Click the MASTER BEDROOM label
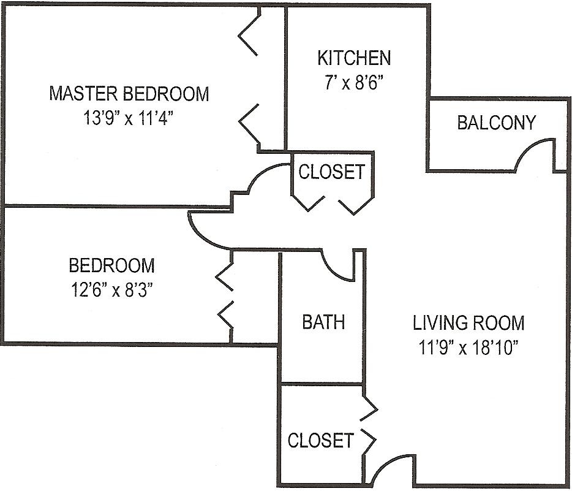(129, 93)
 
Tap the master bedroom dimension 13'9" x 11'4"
(128, 118)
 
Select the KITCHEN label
(354, 58)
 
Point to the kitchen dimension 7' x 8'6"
(355, 83)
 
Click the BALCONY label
(497, 123)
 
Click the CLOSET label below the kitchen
(331, 172)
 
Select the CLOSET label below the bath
(321, 440)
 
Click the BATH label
(323, 322)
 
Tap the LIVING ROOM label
(469, 322)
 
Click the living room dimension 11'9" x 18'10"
(469, 347)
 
